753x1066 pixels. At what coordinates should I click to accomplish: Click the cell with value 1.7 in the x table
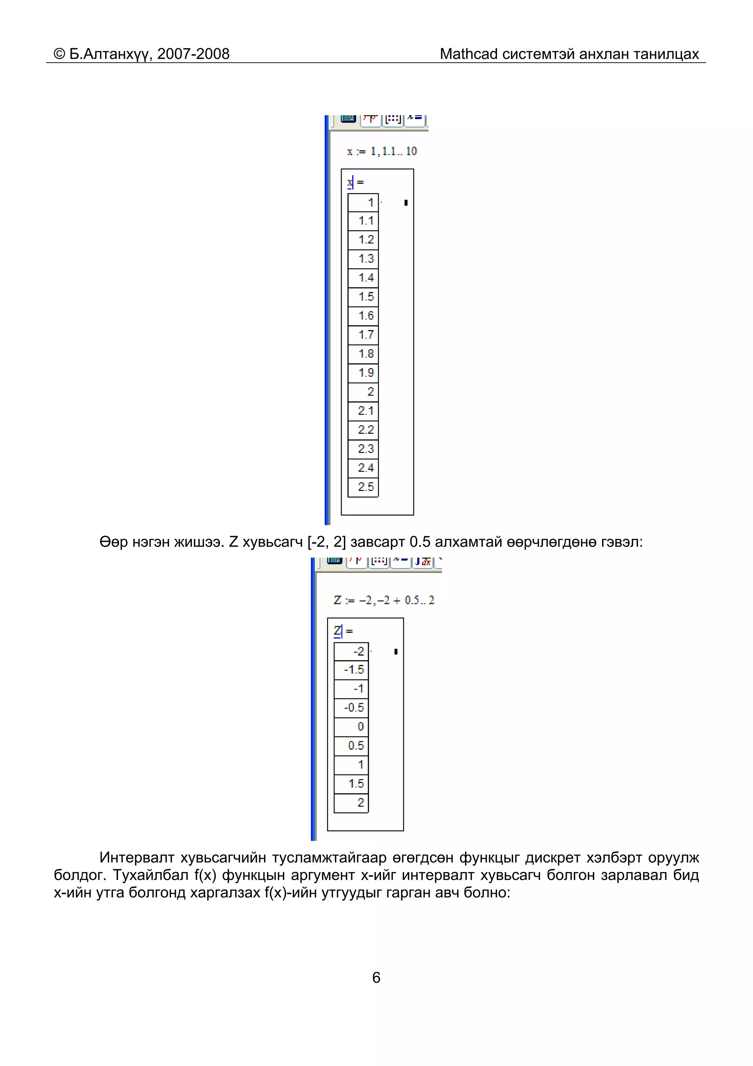coord(363,335)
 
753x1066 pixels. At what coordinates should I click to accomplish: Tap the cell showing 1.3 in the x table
coord(363,259)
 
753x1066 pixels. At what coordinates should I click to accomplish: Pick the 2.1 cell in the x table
coord(363,411)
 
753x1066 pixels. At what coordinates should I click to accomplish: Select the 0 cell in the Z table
coord(351,727)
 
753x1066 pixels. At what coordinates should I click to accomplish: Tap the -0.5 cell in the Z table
coord(351,708)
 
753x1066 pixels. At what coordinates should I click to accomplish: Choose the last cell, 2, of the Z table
coord(351,803)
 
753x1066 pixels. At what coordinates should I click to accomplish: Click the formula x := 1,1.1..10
coord(382,151)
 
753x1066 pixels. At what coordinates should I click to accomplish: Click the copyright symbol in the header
coord(60,54)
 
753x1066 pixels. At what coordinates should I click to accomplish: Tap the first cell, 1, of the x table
coord(363,202)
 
